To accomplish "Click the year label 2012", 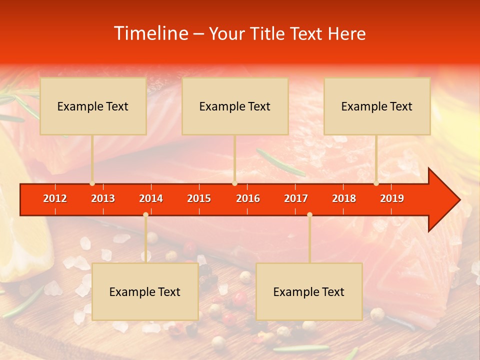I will (55, 198).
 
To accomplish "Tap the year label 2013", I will (103, 198).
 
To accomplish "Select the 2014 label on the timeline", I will (151, 198).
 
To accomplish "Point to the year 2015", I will (199, 198).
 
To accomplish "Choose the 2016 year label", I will (248, 198).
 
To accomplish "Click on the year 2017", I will (296, 198).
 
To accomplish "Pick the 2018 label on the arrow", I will (344, 198).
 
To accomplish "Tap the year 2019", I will (392, 198).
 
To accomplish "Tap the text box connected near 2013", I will (93, 106).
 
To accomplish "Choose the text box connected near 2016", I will (235, 106).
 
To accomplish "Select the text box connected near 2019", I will (377, 106).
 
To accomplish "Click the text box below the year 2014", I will (145, 291).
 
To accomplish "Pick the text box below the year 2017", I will (309, 291).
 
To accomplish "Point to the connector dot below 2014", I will (145, 214).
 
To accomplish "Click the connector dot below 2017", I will (309, 214).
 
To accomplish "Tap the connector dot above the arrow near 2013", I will (92, 183).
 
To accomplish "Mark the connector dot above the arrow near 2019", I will (376, 183).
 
